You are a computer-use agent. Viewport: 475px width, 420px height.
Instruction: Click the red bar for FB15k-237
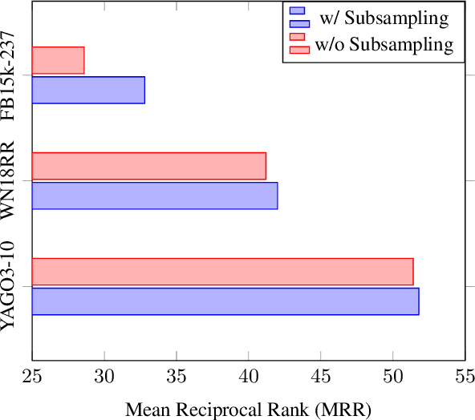58,60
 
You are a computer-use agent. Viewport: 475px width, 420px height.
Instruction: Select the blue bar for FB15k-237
88,90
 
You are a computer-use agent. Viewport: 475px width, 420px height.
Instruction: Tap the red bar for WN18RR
148,165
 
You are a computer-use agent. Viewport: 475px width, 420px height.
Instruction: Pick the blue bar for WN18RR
154,196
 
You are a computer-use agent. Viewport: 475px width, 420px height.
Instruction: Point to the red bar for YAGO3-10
222,271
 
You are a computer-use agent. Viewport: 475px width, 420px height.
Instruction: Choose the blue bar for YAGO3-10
225,301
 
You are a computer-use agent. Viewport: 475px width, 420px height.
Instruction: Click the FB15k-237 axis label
10,75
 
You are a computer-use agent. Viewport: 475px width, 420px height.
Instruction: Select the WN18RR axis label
10,180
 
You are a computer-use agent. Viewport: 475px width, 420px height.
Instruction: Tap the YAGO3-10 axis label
10,285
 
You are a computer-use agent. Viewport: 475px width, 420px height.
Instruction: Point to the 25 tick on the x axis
32,377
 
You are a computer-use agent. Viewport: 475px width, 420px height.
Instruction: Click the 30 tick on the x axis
104,377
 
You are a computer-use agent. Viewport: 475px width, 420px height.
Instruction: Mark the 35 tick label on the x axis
177,377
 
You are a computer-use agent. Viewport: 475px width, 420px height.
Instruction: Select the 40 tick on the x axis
249,377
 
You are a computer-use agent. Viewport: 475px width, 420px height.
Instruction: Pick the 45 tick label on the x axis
321,377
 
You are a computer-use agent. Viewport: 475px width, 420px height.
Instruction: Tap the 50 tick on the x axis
393,377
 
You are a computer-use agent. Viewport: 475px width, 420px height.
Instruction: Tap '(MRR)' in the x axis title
342,410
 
